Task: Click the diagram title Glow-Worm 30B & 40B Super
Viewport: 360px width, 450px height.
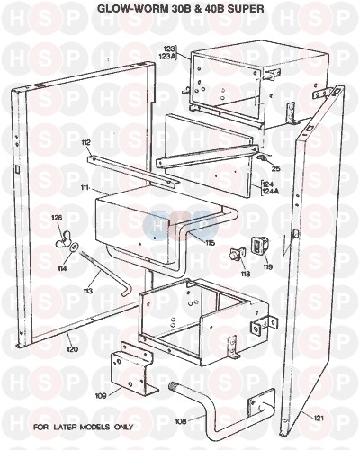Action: (x=181, y=9)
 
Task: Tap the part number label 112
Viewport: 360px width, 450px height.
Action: (x=85, y=142)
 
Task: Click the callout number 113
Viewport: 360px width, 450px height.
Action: (x=88, y=291)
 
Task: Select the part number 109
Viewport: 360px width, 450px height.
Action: (x=101, y=396)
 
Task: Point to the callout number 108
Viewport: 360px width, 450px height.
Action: (x=180, y=421)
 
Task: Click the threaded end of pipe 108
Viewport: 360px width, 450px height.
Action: (x=174, y=385)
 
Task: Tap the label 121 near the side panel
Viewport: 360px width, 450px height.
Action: (x=319, y=418)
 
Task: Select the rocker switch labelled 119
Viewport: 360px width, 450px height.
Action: (x=258, y=245)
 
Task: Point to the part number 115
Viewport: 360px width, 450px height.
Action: (x=210, y=243)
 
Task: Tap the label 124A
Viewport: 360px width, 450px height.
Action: (x=272, y=190)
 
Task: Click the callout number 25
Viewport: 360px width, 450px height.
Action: (x=275, y=168)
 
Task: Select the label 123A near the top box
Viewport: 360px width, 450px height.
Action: (x=170, y=55)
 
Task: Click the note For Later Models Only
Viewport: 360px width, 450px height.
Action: (x=83, y=427)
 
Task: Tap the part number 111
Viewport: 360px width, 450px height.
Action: (x=85, y=188)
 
